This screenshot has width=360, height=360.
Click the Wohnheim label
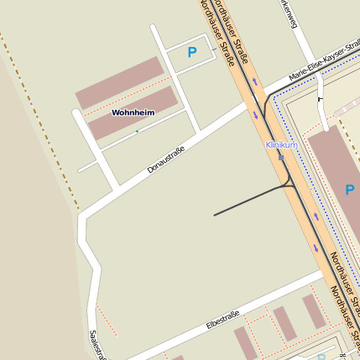click(x=133, y=112)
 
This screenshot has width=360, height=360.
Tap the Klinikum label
click(x=281, y=145)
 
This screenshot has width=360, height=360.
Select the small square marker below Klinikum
click(x=281, y=155)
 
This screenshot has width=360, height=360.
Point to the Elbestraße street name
click(x=222, y=320)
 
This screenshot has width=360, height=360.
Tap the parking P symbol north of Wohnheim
click(x=192, y=52)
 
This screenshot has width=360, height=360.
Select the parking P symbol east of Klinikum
click(x=350, y=190)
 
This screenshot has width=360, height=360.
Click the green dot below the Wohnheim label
click(x=137, y=131)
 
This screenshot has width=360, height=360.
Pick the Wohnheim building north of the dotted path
click(x=118, y=83)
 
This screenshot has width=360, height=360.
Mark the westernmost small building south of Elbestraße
click(x=244, y=342)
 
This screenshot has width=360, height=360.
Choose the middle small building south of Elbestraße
click(x=284, y=323)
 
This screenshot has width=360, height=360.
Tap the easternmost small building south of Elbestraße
click(x=314, y=311)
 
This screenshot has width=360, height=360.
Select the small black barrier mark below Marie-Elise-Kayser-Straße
click(x=320, y=98)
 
